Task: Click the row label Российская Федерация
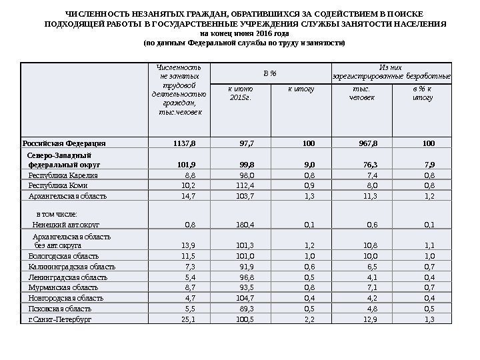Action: (64, 143)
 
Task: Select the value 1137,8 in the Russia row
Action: (185, 143)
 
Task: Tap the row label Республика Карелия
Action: (63, 175)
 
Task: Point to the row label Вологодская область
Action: (64, 256)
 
